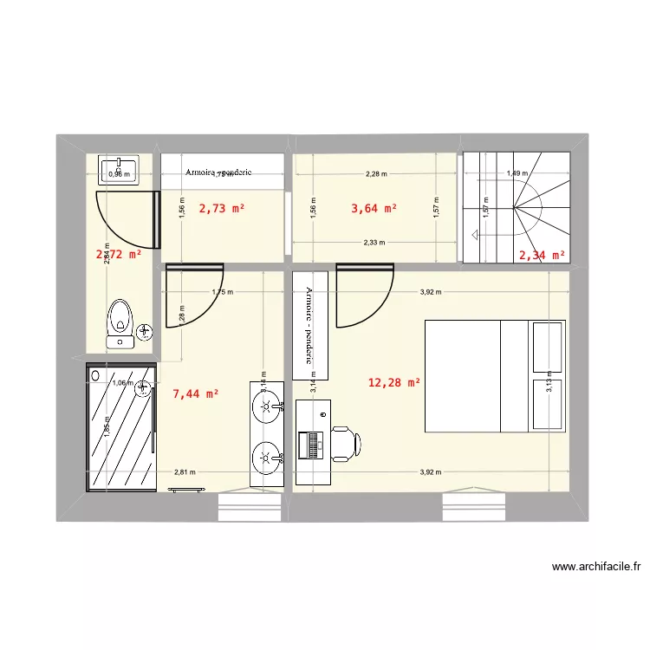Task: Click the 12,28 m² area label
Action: (394, 382)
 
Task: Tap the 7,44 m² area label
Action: (196, 393)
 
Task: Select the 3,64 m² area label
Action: (374, 208)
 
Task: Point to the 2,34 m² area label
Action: (542, 255)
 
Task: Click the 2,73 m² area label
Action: (222, 208)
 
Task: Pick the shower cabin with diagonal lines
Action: (120, 426)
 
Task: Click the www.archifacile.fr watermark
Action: (596, 568)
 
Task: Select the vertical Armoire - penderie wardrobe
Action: (310, 325)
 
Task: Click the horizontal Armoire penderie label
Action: (218, 172)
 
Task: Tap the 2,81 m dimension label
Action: (185, 472)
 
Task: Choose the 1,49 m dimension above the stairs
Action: (517, 173)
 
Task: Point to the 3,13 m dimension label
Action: (549, 388)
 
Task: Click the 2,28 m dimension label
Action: (376, 173)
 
